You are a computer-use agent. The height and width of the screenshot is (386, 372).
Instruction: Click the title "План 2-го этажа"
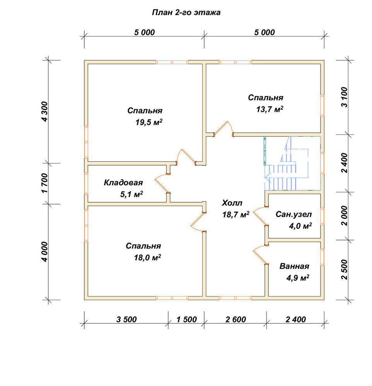[186, 13]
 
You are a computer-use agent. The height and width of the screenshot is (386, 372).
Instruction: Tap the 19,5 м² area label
[149, 122]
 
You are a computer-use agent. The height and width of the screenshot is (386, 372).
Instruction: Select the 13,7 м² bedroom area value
[270, 109]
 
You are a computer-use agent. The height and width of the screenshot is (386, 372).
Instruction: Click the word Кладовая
[123, 183]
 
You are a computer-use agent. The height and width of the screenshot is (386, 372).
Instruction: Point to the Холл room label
[232, 203]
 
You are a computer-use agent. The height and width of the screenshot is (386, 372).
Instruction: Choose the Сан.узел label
[294, 214]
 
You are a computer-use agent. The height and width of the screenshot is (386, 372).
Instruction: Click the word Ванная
[294, 266]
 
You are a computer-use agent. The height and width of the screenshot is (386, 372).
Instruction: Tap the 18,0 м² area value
[147, 257]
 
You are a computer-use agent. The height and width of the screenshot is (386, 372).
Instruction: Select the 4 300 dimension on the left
[44, 111]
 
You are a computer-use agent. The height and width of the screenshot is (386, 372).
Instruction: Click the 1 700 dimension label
[44, 183]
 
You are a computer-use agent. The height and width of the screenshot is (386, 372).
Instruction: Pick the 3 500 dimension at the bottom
[126, 319]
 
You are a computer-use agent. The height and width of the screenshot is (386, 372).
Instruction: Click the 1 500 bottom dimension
[186, 319]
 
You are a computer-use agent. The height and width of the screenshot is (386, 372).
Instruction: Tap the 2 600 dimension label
[235, 319]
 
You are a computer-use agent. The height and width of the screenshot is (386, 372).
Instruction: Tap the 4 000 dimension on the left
[44, 252]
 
